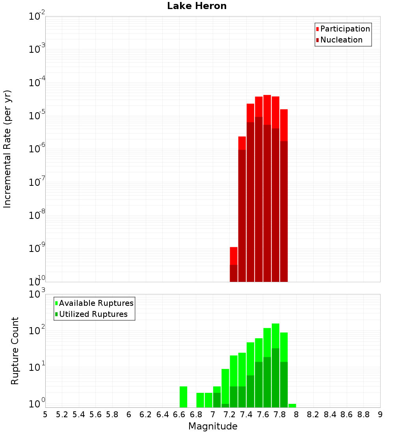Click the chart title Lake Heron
(197, 6)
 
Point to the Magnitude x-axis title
(213, 426)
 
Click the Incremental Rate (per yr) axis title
(7, 149)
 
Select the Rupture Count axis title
(15, 351)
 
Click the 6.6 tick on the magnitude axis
(179, 414)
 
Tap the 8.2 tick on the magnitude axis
(313, 414)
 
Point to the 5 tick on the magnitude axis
(45, 414)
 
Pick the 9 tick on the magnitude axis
(380, 414)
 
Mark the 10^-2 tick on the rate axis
(37, 17)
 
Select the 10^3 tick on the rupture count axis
(37, 294)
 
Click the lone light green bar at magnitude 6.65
(183, 397)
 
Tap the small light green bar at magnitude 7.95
(292, 405)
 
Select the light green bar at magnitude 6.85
(200, 400)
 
